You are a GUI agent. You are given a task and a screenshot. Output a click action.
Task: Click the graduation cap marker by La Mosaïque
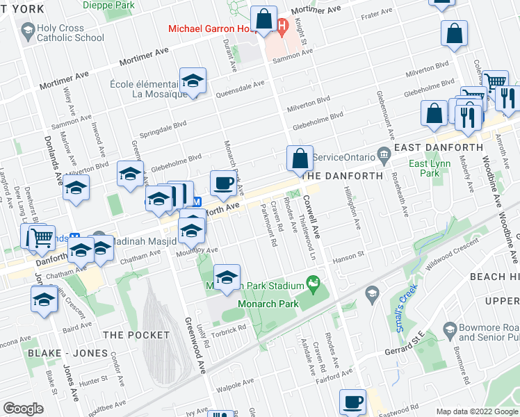pyautogui.click(x=193, y=81)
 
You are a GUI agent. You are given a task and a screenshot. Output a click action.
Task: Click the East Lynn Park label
pyautogui.click(x=428, y=169)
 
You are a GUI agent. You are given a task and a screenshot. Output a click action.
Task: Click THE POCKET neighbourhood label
pyautogui.click(x=136, y=335)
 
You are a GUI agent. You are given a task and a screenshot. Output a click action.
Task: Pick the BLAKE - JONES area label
pyautogui.click(x=57, y=353)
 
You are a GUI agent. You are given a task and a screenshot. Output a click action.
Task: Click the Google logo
pyautogui.click(x=23, y=409)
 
